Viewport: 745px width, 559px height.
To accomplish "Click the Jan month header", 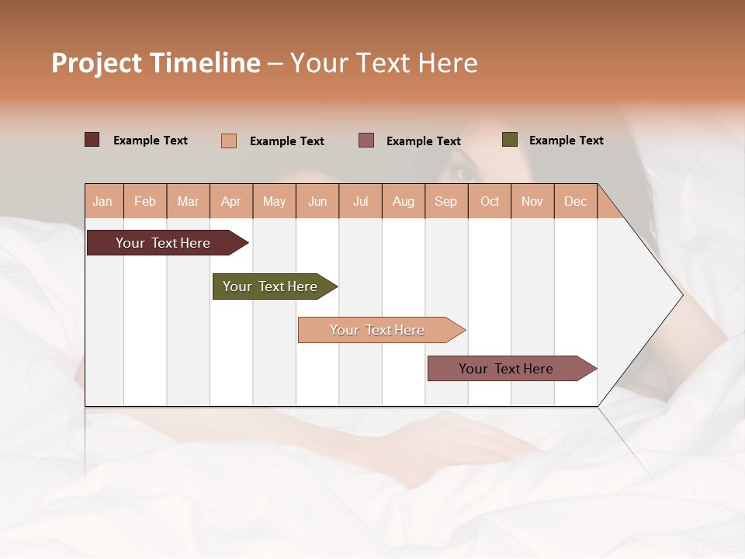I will [x=102, y=201].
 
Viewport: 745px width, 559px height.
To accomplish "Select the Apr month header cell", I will [x=230, y=201].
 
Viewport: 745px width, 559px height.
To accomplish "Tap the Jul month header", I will [x=360, y=201].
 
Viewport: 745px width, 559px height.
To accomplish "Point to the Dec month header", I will [x=575, y=201].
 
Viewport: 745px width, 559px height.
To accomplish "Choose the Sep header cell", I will [x=445, y=201].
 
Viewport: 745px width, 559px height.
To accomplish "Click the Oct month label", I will [x=490, y=201].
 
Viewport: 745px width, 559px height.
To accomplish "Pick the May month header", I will [x=274, y=201].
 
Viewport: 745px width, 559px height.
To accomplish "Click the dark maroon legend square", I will [x=92, y=140].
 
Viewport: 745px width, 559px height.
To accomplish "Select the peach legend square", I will [x=229, y=141].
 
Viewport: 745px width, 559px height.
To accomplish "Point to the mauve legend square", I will [x=366, y=141].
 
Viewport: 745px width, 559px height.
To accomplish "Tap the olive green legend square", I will [x=510, y=140].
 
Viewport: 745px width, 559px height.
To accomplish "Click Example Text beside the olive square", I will [x=566, y=141].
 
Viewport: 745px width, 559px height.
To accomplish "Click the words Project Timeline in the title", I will [x=156, y=63].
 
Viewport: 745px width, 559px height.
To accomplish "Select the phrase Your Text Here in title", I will [x=383, y=63].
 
